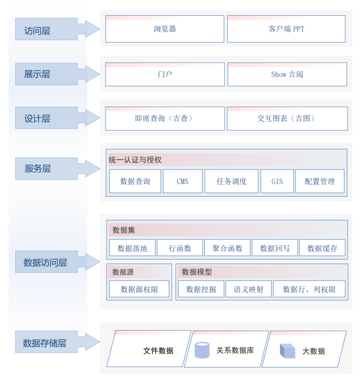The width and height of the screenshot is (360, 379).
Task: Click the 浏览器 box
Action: pos(165,29)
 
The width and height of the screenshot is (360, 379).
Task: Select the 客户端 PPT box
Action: pos(286,29)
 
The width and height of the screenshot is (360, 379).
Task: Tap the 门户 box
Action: pos(165,74)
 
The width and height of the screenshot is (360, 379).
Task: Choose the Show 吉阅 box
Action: pos(287,74)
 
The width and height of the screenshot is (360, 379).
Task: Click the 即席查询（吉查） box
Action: pos(165,118)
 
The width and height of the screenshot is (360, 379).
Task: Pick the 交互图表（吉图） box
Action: pos(287,118)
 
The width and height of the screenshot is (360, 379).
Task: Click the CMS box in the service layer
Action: pos(182,181)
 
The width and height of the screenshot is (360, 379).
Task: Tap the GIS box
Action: pos(277,181)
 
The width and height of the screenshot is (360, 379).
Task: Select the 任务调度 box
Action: pos(231,181)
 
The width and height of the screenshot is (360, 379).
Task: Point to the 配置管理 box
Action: pos(319,181)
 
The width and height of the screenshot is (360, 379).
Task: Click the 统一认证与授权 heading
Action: pos(135,160)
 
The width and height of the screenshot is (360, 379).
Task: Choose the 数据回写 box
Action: pos(275,248)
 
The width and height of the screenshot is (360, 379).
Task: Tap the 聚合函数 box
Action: pos(227,248)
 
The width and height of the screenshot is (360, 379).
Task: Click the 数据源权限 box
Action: pos(139,289)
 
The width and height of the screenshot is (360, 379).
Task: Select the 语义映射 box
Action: pos(248,289)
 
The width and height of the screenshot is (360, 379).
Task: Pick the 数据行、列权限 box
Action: pos(309,289)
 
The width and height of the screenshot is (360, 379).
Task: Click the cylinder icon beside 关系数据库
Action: pos(202,350)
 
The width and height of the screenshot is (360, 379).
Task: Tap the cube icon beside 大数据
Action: pos(287,351)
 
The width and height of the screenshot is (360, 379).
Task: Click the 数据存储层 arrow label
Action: pos(45,343)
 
